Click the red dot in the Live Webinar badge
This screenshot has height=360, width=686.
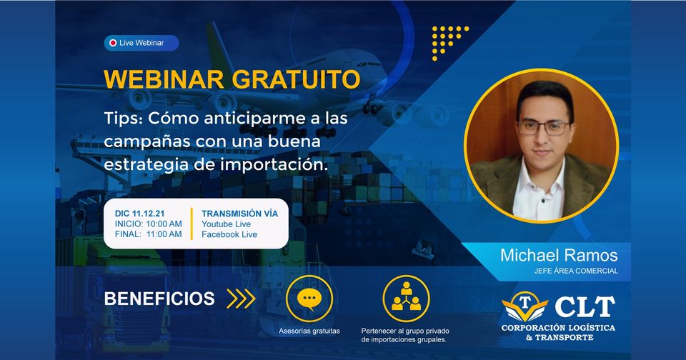click(x=113, y=43)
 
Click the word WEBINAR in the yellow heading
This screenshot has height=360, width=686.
click(x=164, y=79)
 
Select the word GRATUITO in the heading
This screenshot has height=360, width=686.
click(x=296, y=79)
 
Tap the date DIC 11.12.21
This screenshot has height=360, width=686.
click(x=139, y=214)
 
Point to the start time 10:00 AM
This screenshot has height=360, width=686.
click(x=164, y=224)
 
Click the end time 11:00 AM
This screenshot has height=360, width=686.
click(x=164, y=234)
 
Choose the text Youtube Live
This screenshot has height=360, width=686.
click(x=227, y=224)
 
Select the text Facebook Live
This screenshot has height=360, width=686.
click(x=229, y=234)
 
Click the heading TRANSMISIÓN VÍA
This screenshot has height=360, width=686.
click(x=240, y=214)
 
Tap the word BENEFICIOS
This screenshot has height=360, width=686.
click(x=159, y=299)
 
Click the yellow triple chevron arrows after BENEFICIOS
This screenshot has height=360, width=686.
click(x=241, y=299)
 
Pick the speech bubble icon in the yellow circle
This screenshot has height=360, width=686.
click(x=309, y=299)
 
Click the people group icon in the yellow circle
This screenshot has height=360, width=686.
click(x=406, y=296)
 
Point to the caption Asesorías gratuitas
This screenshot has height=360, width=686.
click(x=309, y=331)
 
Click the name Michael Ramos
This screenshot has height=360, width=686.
click(x=559, y=255)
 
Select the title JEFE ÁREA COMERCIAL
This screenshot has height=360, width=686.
click(x=576, y=271)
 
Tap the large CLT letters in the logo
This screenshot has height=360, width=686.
click(x=585, y=306)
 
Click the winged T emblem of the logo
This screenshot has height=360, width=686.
click(x=525, y=306)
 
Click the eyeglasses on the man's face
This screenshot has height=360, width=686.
click(x=544, y=128)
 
